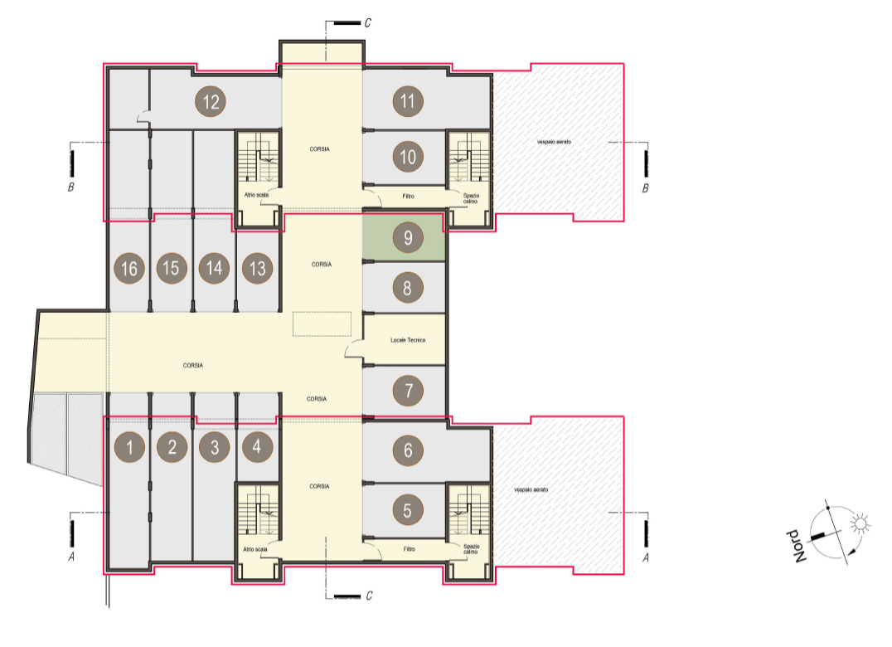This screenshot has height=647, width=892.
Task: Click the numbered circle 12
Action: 211,102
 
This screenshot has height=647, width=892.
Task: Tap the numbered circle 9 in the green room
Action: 408,237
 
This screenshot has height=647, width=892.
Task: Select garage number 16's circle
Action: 129,268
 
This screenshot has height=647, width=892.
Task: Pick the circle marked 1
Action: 129,447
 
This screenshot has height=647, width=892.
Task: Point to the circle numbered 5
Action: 407,510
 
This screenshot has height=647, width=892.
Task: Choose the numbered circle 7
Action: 408,391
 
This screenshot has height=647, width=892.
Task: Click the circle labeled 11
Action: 407,101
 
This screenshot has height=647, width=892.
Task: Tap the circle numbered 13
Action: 257,268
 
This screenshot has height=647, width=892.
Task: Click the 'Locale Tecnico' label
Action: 408,340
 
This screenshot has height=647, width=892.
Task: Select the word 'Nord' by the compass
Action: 797,547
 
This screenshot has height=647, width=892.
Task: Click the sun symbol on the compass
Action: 860,523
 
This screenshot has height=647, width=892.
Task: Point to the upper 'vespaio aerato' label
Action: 554,142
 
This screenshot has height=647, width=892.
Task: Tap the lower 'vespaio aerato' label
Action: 531,490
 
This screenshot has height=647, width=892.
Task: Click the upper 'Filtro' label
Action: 409,197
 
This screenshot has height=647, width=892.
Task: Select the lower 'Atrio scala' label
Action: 255,549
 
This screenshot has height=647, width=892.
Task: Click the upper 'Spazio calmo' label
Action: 471,198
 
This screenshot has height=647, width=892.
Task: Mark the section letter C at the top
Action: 367,22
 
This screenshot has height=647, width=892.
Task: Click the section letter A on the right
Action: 646,557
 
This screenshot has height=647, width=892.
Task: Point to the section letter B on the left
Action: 71,187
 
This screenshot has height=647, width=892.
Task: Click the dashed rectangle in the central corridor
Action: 322,323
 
